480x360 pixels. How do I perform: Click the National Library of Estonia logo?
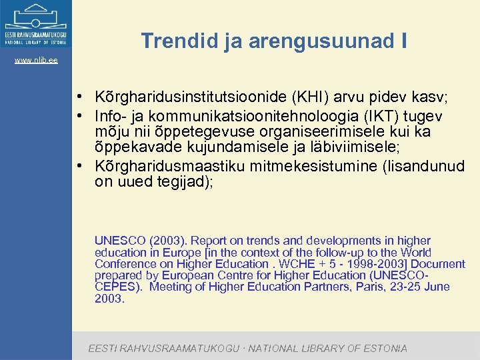36,24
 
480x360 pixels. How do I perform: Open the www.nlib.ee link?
36,61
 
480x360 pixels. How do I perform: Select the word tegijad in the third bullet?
184,182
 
